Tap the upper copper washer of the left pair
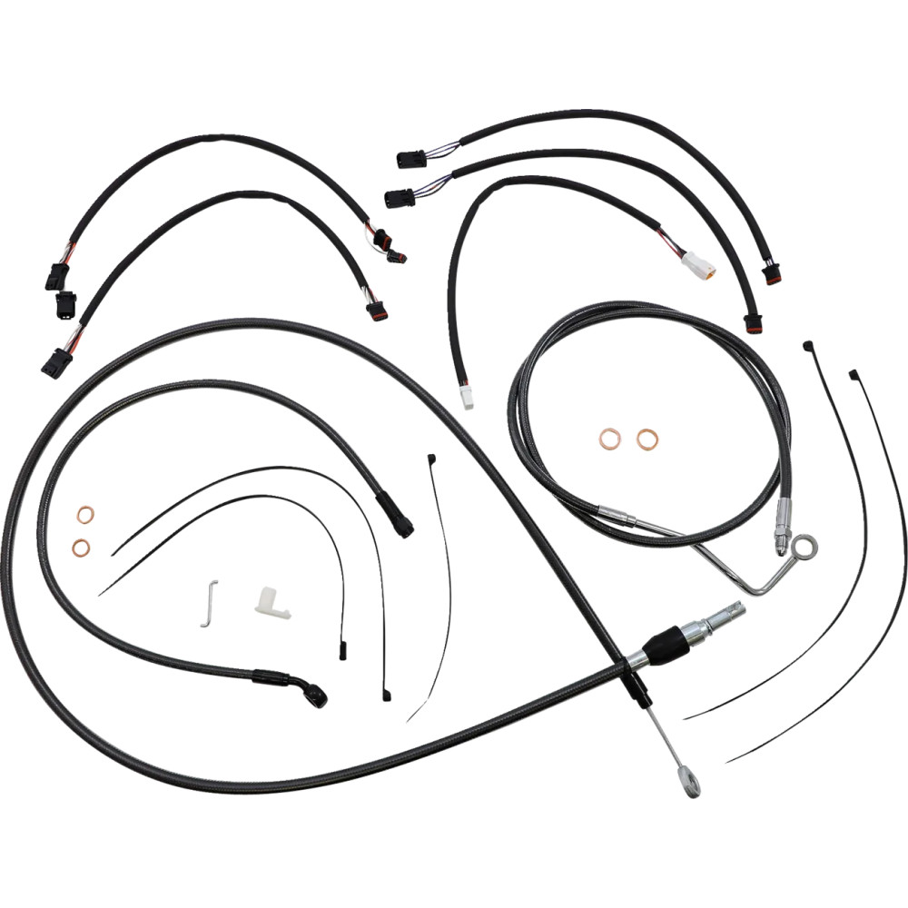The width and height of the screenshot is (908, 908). tap(84, 516)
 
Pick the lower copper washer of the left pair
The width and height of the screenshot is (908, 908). tap(82, 547)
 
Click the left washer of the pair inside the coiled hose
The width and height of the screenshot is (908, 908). tap(609, 439)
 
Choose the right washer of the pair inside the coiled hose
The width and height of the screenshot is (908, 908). tap(646, 439)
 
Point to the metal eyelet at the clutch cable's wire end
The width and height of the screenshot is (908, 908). tap(691, 782)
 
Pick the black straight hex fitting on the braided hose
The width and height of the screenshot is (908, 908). tap(396, 515)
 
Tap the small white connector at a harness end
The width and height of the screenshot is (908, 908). tap(466, 397)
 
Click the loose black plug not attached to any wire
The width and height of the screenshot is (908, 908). tap(65, 304)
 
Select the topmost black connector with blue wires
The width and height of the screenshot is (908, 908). tap(410, 160)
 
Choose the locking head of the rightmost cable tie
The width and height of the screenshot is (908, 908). tap(854, 374)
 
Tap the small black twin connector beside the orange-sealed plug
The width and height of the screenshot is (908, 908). tap(396, 256)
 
